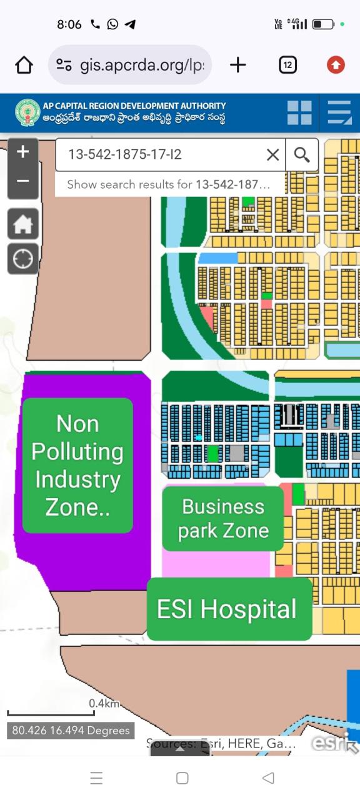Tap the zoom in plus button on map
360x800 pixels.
click(23, 152)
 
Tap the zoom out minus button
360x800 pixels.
click(23, 181)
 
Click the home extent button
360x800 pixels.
click(23, 224)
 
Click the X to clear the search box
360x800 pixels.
click(272, 155)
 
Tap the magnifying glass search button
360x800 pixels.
click(302, 155)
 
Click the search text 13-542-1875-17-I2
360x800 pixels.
click(125, 154)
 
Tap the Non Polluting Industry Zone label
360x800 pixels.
click(77, 466)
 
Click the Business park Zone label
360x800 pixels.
click(223, 519)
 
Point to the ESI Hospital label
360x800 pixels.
click(227, 609)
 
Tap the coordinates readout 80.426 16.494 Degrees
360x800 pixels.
click(71, 730)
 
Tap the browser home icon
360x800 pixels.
click(24, 65)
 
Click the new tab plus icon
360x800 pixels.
click(238, 65)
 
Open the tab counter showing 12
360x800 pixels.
click(287, 65)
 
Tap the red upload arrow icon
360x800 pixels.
click(336, 65)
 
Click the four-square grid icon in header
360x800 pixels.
click(299, 113)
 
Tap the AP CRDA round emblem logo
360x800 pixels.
click(27, 112)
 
